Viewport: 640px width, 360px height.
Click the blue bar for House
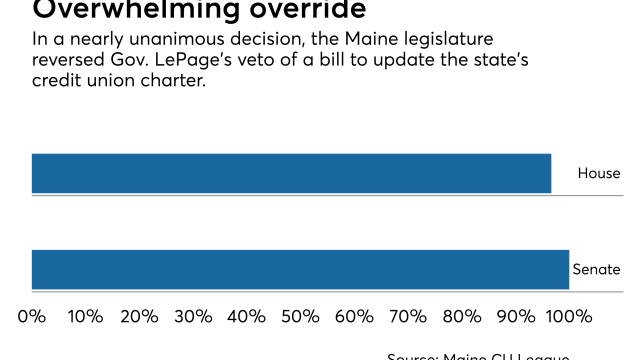(291, 173)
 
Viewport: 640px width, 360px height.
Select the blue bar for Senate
(300, 269)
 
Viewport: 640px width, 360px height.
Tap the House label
(598, 173)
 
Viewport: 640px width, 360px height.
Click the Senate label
(596, 269)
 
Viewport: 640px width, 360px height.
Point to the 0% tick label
(31, 316)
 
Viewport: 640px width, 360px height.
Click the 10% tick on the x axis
(85, 316)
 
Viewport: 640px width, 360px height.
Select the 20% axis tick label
(139, 316)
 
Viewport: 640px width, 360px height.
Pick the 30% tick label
(193, 316)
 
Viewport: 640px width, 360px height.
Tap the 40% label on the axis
(246, 316)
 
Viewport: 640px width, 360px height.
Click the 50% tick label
(300, 316)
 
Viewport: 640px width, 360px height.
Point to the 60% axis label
(354, 316)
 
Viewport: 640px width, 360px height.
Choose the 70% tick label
(407, 316)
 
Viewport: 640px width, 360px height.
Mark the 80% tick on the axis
(461, 316)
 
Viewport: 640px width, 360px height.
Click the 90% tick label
(515, 316)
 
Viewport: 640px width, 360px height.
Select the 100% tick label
(569, 316)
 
